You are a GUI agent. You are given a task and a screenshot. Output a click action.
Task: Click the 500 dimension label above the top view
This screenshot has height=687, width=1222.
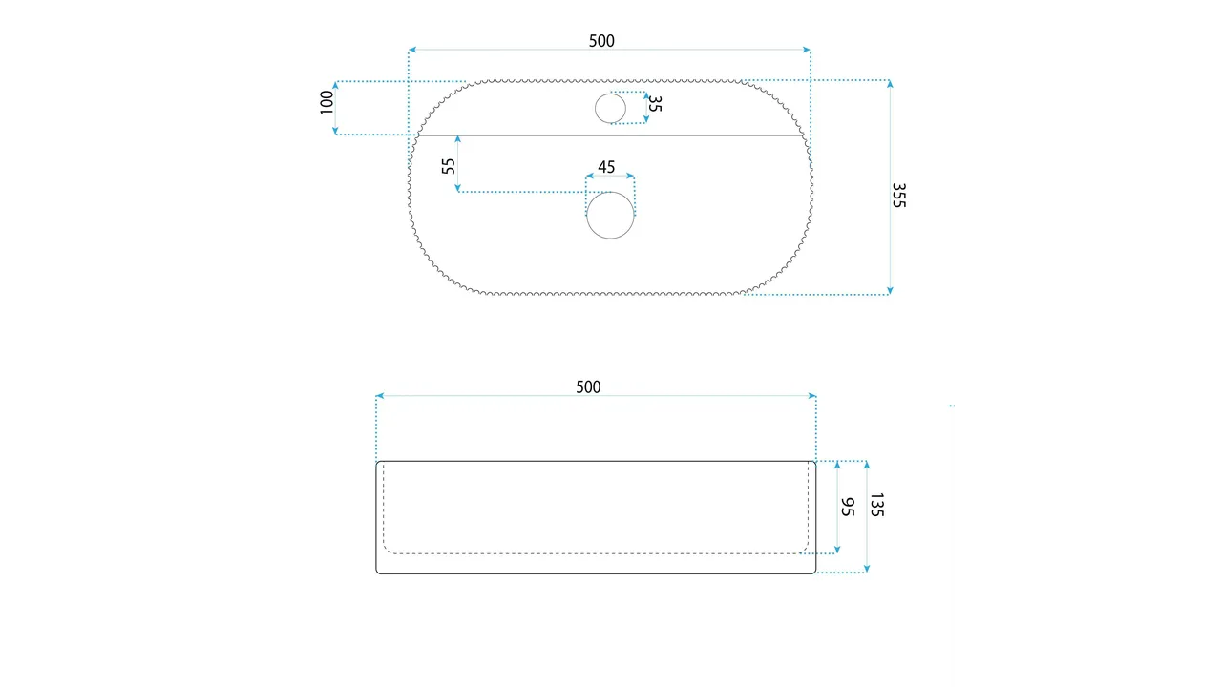tap(601, 41)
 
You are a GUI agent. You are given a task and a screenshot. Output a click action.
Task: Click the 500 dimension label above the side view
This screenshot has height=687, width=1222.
tap(588, 387)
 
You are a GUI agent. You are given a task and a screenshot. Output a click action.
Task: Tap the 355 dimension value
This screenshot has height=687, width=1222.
tap(898, 196)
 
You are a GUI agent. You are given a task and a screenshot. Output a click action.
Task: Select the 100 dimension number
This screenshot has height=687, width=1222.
tap(327, 102)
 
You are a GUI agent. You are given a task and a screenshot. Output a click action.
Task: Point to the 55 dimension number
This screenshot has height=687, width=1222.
tap(448, 166)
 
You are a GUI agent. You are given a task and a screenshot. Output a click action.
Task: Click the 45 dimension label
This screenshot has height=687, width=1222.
tap(606, 167)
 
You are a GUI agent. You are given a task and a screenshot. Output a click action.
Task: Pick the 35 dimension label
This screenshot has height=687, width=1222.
tap(655, 104)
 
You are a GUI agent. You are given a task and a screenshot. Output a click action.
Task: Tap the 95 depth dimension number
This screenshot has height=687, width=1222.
tap(847, 507)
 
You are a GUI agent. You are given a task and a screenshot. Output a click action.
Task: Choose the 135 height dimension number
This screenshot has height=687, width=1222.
tap(876, 505)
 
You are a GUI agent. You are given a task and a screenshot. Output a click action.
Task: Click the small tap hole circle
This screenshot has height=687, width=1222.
tap(610, 108)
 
